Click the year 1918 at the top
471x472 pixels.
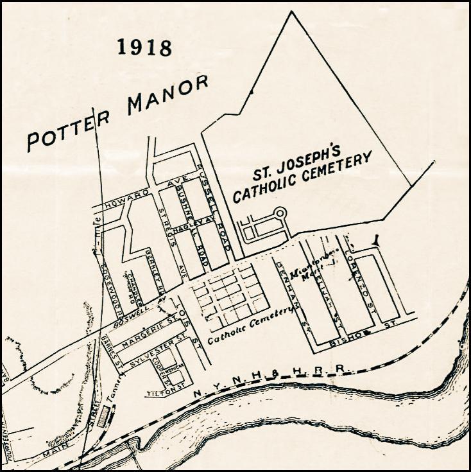(x=145, y=48)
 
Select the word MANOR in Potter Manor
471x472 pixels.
(x=169, y=93)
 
